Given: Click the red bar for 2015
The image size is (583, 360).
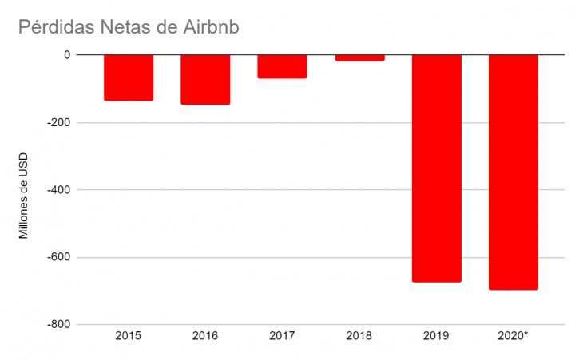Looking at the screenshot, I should tap(129, 77).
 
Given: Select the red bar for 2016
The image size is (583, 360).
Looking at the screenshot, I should tap(205, 80).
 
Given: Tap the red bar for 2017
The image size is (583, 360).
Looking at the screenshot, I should tap(282, 66).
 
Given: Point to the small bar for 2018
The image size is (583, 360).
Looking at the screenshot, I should tap(359, 57).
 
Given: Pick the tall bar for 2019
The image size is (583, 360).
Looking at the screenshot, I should tap(436, 168).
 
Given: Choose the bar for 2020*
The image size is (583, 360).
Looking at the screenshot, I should tap(513, 172).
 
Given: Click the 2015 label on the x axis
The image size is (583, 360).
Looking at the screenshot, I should tap(129, 336).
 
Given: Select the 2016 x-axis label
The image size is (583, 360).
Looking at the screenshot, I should tap(205, 336).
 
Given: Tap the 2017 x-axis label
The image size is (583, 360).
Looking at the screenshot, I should tap(282, 336).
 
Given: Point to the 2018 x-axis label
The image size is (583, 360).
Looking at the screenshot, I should tap(359, 336).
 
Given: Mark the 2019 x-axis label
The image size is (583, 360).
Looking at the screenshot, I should tap(436, 336).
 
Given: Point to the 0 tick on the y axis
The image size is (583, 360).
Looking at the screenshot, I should tap(67, 55).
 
